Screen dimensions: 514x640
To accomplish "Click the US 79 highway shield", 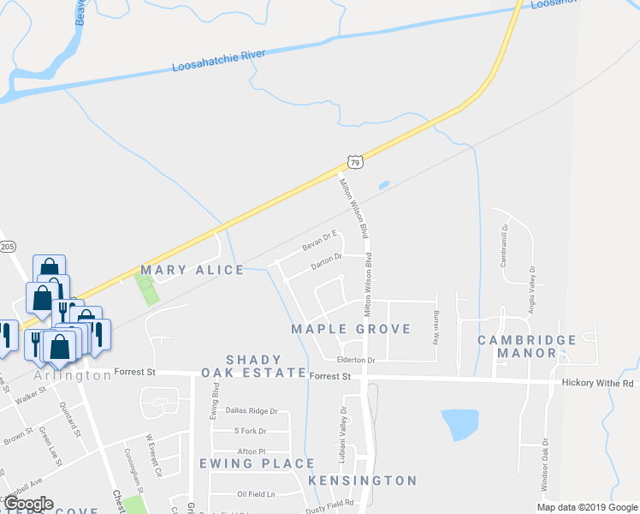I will [x=354, y=161].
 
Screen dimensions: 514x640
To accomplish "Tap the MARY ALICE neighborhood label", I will [x=193, y=270].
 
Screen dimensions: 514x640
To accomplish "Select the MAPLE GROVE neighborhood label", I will [x=351, y=329].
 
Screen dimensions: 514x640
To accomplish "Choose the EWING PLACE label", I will [x=257, y=463].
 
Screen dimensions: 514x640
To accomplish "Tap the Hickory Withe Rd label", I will [x=597, y=384].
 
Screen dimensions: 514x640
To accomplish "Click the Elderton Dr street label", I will [x=357, y=361].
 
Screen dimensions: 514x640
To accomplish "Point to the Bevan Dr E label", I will [x=320, y=240].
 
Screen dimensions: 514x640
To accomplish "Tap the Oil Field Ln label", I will [x=256, y=494].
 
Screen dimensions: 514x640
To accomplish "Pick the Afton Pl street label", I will [x=252, y=451].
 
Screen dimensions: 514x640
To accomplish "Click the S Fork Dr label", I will [x=250, y=431].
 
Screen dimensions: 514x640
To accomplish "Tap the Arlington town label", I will [x=73, y=376].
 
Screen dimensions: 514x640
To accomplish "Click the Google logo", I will [x=28, y=504].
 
